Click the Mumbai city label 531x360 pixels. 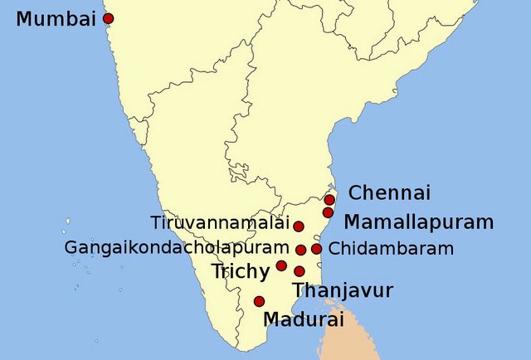coord(56,18)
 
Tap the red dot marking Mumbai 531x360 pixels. coord(108,18)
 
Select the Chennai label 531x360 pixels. coord(389,193)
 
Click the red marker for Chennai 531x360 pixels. coord(329,200)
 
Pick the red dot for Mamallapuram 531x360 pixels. coord(328,213)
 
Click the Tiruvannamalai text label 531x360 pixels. coord(220,223)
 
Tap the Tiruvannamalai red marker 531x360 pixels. coord(299,226)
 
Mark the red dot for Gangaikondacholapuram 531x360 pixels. coord(300,249)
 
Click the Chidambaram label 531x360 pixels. coord(392,248)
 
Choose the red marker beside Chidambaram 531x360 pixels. coord(316,249)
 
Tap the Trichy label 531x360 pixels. coord(241,271)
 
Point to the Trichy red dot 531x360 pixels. coord(281,266)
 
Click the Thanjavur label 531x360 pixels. coord(343,291)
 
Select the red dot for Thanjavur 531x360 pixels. coord(300,271)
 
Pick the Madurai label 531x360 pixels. coord(302,319)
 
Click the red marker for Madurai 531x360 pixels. coord(259,301)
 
